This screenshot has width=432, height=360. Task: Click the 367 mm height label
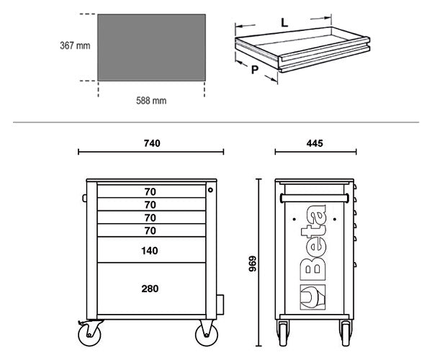(75, 45)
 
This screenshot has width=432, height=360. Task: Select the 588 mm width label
(151, 101)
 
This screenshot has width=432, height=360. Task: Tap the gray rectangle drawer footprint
(151, 48)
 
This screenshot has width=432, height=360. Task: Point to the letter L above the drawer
(284, 22)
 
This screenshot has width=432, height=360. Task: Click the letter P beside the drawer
(255, 70)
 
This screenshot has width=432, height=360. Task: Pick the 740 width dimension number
(152, 143)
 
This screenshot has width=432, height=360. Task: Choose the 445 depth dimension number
(315, 143)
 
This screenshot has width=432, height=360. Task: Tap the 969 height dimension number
(253, 264)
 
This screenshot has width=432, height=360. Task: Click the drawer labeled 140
(151, 250)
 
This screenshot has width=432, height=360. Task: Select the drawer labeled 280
(151, 289)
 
